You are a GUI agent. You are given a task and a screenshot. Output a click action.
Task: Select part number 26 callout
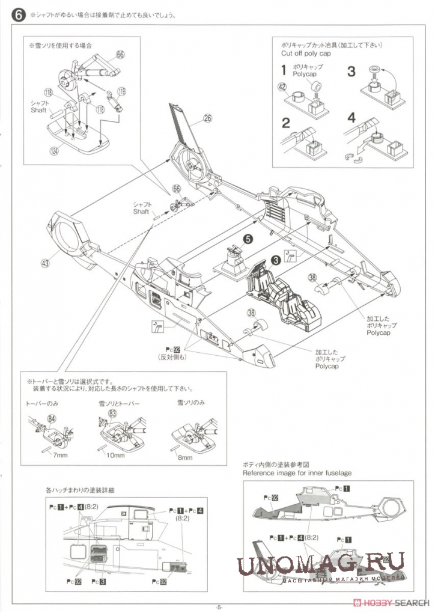coord(207,118)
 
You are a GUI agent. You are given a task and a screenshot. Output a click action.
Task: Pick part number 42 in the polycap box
coord(282,87)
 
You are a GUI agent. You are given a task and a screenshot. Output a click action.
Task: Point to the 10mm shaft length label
coord(115,456)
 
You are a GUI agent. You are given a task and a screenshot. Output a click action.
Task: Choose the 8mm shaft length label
coord(185,458)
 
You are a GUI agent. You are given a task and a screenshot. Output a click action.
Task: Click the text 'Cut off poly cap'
coord(306,53)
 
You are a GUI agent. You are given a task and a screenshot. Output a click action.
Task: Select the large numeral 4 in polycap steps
coord(352,118)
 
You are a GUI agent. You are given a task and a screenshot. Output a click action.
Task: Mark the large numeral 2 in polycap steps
coord(286,123)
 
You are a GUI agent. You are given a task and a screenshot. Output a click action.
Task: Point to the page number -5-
coord(219,606)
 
